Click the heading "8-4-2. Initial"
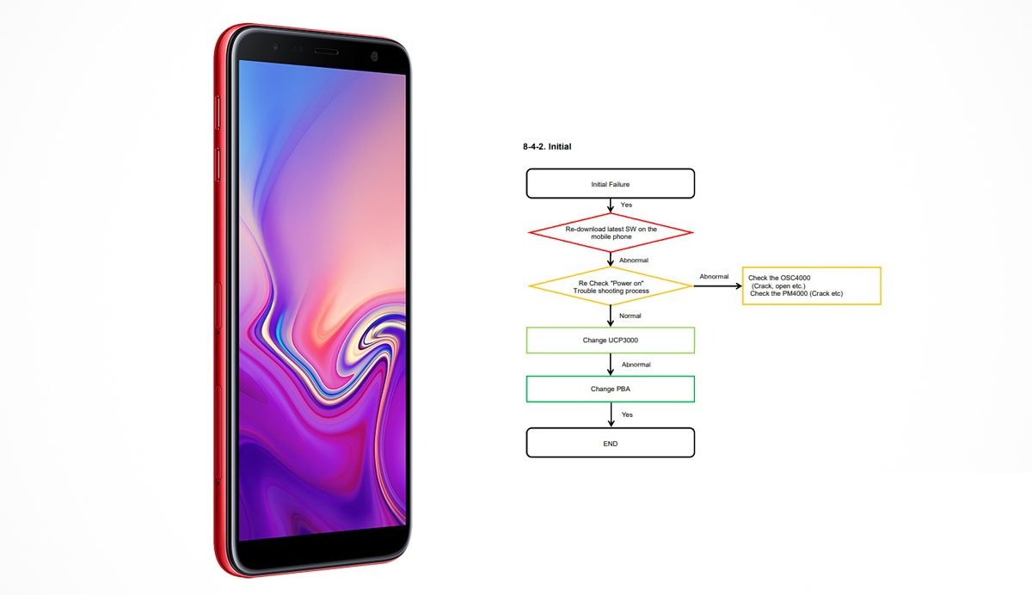click(x=547, y=146)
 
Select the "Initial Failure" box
click(x=610, y=184)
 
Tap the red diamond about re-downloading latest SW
click(x=611, y=232)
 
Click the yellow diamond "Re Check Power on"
click(x=611, y=286)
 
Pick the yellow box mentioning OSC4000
click(x=811, y=285)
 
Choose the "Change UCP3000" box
click(x=610, y=340)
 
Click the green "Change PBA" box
click(x=610, y=390)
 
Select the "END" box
click(x=610, y=443)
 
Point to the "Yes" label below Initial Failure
click(x=626, y=205)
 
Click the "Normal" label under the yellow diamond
click(x=630, y=316)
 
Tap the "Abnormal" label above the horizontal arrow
click(x=714, y=276)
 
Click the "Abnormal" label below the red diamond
click(x=634, y=261)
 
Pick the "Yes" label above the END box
click(x=627, y=414)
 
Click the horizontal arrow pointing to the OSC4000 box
click(x=717, y=286)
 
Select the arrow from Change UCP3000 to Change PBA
click(x=611, y=365)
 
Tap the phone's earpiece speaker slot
click(x=326, y=52)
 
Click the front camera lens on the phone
click(x=374, y=56)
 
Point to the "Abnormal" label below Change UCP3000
click(x=636, y=365)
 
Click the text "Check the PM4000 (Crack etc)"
click(x=796, y=293)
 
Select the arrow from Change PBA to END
click(x=611, y=415)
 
